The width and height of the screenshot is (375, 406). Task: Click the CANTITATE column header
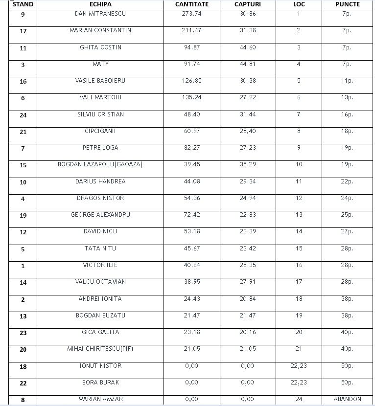point(192,4)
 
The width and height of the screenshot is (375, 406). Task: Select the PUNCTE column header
point(347,4)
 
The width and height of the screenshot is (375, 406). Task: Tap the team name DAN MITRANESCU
point(100,14)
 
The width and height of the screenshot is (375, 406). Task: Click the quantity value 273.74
point(191,14)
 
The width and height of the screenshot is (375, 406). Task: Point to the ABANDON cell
point(347,399)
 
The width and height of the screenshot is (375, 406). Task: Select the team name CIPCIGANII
point(100,131)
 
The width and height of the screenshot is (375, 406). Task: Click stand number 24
point(23,115)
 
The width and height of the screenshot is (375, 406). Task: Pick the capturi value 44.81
point(247,64)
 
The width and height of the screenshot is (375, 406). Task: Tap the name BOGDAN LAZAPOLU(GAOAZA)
point(100,164)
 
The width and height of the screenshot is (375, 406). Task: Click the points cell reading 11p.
point(347,81)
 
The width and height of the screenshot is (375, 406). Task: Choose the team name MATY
point(100,64)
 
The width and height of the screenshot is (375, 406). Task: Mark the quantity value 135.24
point(191,97)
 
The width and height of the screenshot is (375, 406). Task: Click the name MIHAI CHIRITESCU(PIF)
point(100,349)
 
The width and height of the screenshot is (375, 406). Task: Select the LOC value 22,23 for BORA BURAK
point(299,383)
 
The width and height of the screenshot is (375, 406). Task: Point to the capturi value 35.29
point(247,164)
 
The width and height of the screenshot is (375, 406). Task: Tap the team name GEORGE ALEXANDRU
point(100,215)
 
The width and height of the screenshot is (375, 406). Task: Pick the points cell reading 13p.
point(347,97)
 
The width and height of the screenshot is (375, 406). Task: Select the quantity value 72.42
point(191,215)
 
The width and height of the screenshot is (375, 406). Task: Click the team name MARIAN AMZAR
point(100,399)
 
